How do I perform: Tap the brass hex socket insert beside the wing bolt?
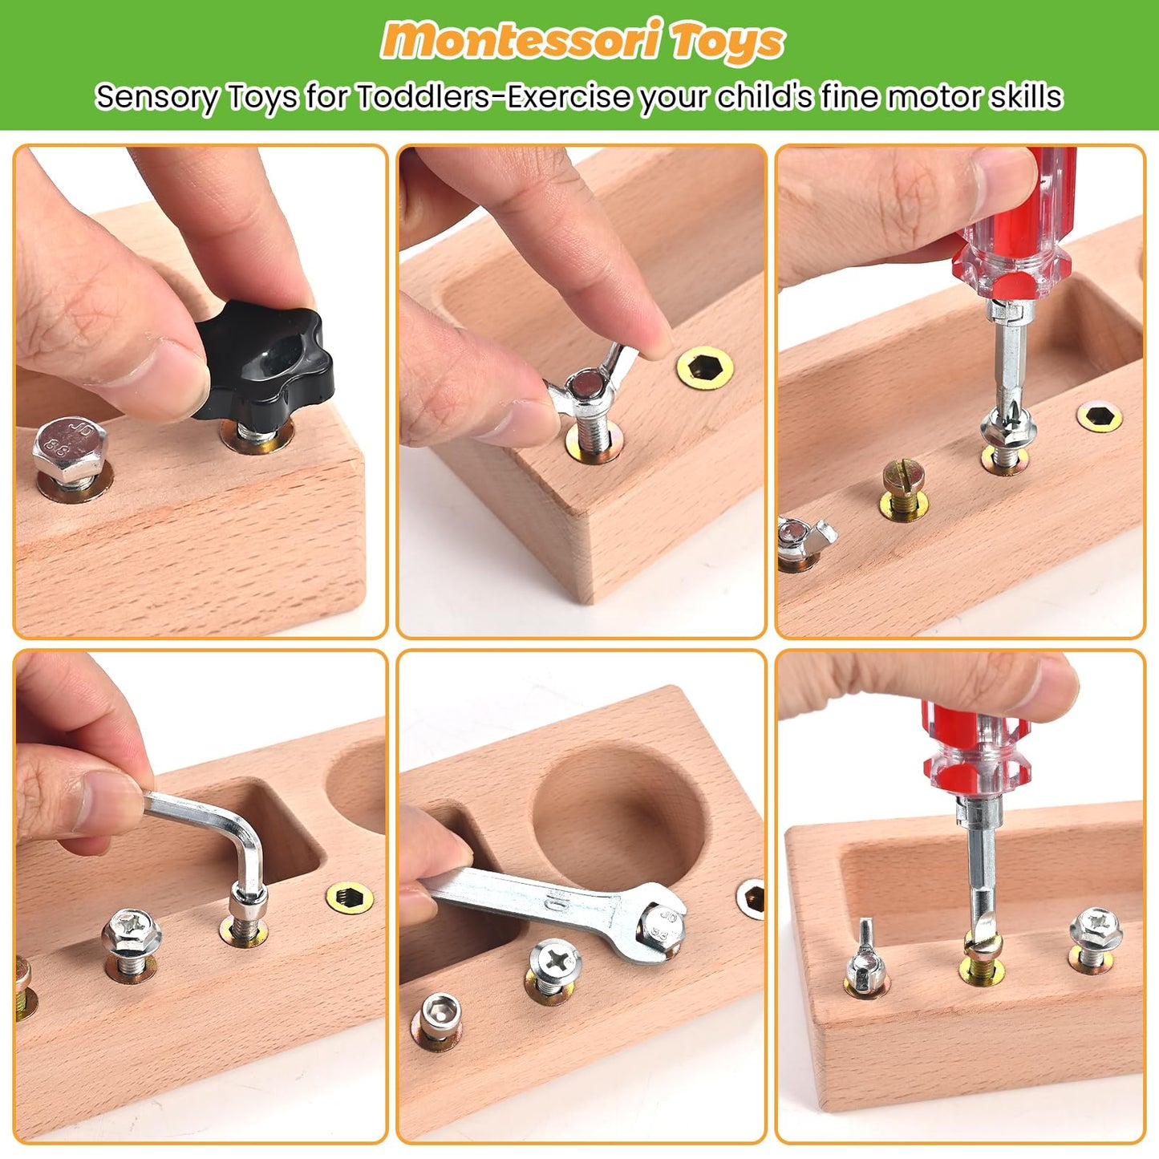coord(704,367)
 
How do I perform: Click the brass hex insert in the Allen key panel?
coord(350,896)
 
